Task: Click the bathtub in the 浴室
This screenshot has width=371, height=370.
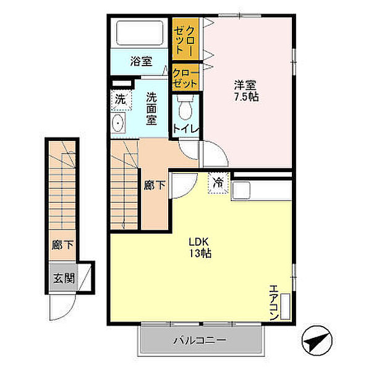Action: (x=140, y=33)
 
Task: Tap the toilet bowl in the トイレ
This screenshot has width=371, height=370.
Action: (x=185, y=108)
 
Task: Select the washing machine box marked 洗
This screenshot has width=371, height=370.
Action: (x=121, y=100)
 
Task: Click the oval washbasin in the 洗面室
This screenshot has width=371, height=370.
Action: (x=118, y=123)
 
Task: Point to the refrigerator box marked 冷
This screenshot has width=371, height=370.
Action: (x=218, y=183)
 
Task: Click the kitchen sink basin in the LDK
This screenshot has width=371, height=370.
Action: (x=241, y=191)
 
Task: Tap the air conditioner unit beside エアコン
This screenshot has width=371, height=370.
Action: (x=285, y=306)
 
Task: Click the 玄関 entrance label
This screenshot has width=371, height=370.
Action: (x=64, y=278)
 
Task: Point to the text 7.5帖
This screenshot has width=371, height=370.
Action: (x=246, y=97)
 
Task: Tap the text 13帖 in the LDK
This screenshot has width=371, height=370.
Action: (x=200, y=253)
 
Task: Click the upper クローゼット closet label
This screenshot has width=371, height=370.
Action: (x=185, y=40)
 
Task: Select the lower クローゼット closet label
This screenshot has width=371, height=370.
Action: (x=185, y=79)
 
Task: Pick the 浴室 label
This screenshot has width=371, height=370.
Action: (x=141, y=61)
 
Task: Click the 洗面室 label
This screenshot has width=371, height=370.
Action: (x=151, y=109)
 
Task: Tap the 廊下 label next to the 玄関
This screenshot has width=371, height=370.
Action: (x=62, y=245)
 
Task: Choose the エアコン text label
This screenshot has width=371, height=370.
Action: (x=274, y=303)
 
